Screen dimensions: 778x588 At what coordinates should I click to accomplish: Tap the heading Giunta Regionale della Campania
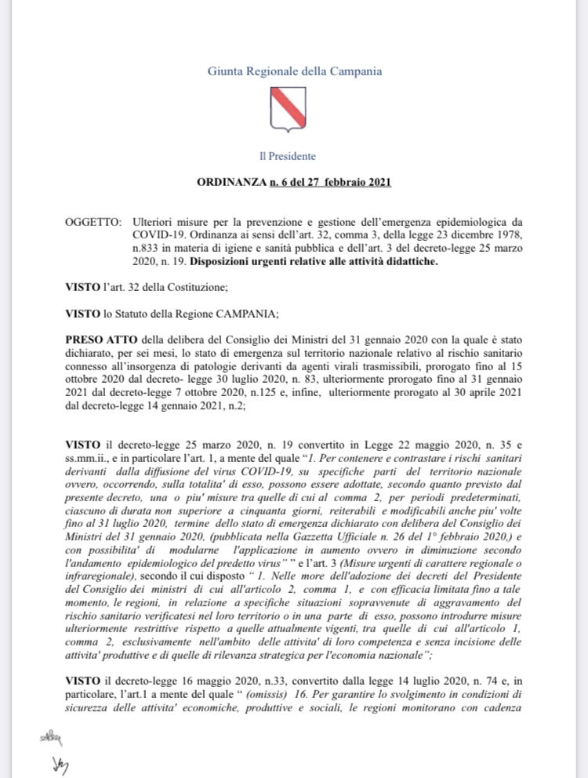(294, 71)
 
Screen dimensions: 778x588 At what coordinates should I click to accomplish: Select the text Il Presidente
(293, 156)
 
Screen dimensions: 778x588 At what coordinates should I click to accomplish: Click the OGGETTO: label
(93, 223)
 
